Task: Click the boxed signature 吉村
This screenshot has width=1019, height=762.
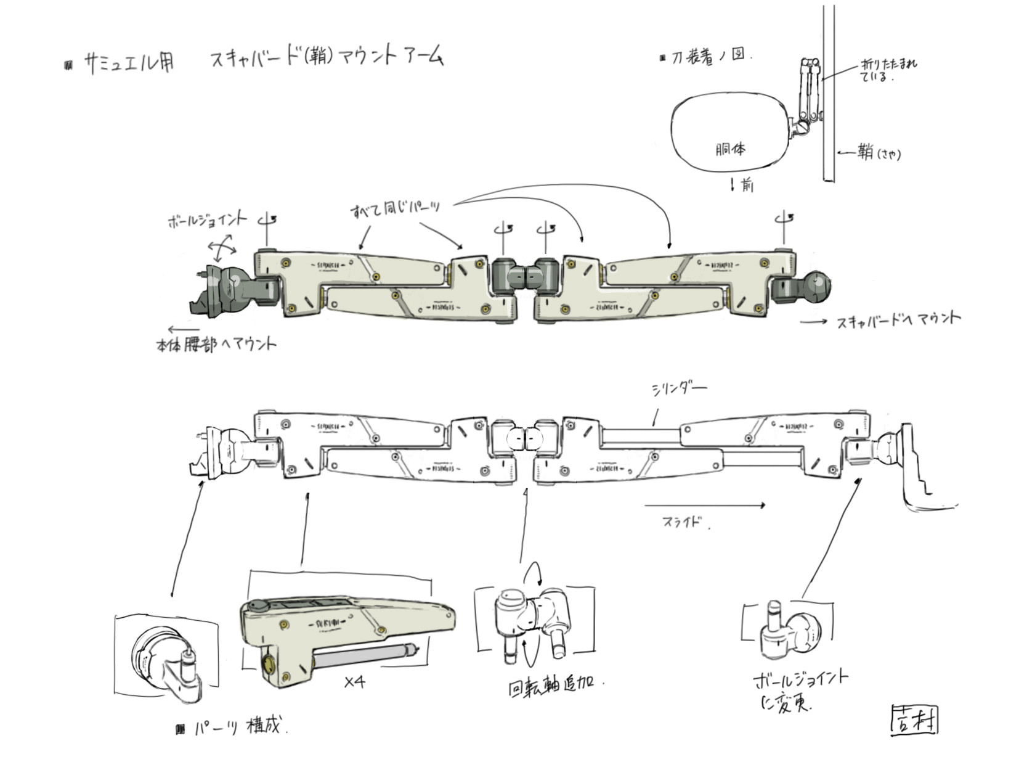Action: (x=914, y=720)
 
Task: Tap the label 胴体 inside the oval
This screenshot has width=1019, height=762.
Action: (x=731, y=149)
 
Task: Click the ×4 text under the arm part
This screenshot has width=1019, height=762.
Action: (x=354, y=682)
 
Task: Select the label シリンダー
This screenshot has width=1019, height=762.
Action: (x=678, y=389)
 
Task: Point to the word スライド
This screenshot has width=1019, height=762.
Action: (x=682, y=522)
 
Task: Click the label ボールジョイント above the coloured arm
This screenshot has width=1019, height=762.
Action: (x=207, y=219)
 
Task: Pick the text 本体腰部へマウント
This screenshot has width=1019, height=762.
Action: (x=216, y=345)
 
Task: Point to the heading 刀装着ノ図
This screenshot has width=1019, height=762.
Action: (x=708, y=57)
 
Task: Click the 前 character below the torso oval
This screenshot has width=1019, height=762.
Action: (x=747, y=184)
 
